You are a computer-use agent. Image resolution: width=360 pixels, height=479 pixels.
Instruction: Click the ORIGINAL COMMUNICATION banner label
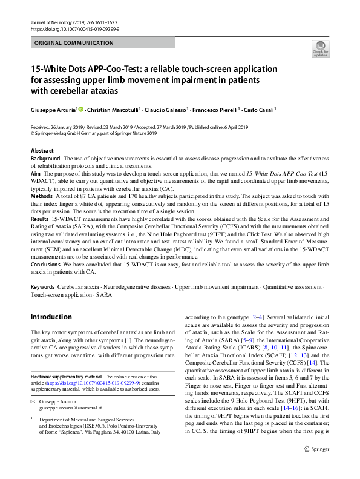coord(74,43)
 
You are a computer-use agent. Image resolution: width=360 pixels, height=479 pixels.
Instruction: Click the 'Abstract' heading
coord(42,150)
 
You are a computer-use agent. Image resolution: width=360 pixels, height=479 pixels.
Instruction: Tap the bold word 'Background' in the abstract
coord(45,158)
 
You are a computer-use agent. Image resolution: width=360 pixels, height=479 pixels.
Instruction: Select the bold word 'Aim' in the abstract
coord(36,173)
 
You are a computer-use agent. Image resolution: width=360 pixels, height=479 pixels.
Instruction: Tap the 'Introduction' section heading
coord(51,317)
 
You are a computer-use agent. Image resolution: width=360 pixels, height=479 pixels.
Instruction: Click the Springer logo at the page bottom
coord(316,449)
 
